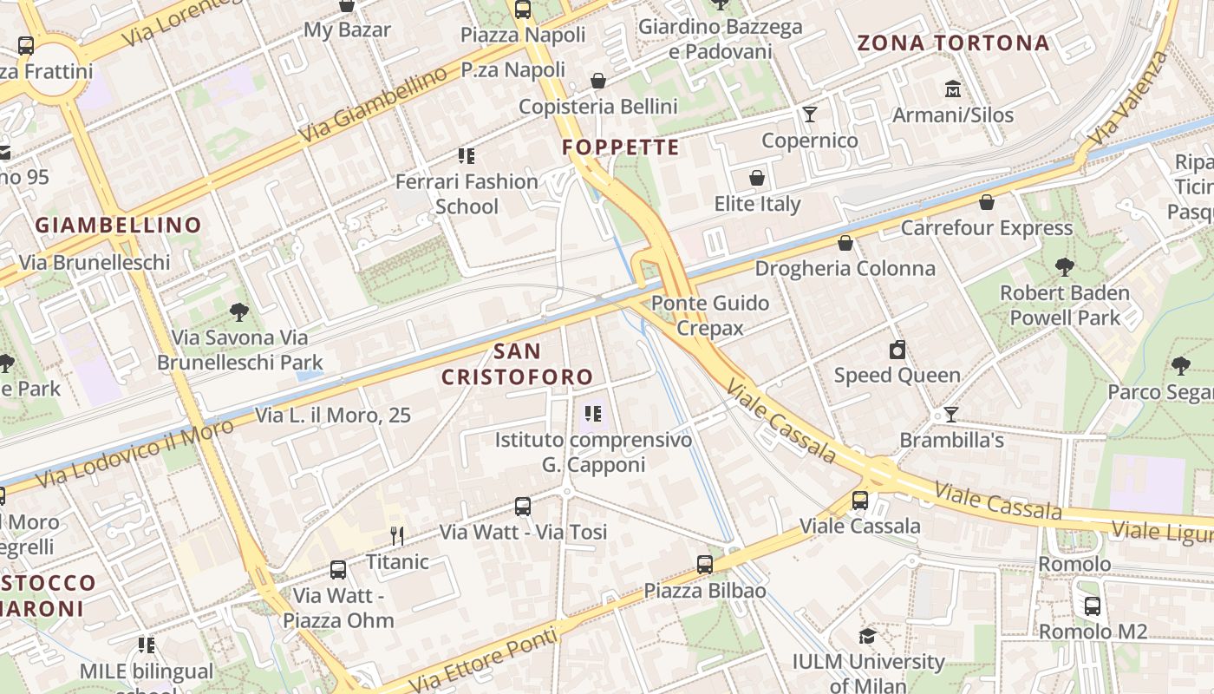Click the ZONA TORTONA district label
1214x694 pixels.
click(x=953, y=43)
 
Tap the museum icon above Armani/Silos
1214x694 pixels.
click(x=953, y=89)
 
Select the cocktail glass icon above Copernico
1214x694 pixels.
click(x=809, y=115)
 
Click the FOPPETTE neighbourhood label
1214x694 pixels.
click(x=620, y=147)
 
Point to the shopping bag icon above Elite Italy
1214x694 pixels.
click(x=757, y=179)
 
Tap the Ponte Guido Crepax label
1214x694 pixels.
click(x=710, y=315)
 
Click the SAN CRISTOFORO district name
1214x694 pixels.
click(x=518, y=364)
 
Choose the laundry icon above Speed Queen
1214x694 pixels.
click(x=897, y=350)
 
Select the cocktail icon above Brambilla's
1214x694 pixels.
click(x=951, y=415)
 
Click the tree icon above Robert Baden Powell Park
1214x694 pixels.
click(x=1064, y=267)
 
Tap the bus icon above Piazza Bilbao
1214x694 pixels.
click(x=705, y=565)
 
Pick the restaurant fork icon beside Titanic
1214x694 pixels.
click(x=397, y=535)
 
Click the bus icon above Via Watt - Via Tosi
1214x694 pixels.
click(x=522, y=506)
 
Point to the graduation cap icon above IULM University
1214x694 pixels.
click(x=867, y=637)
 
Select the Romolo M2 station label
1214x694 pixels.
click(x=1093, y=631)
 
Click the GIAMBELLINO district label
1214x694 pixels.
click(x=118, y=226)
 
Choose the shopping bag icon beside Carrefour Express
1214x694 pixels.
click(x=986, y=203)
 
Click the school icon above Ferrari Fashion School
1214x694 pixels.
click(x=467, y=156)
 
